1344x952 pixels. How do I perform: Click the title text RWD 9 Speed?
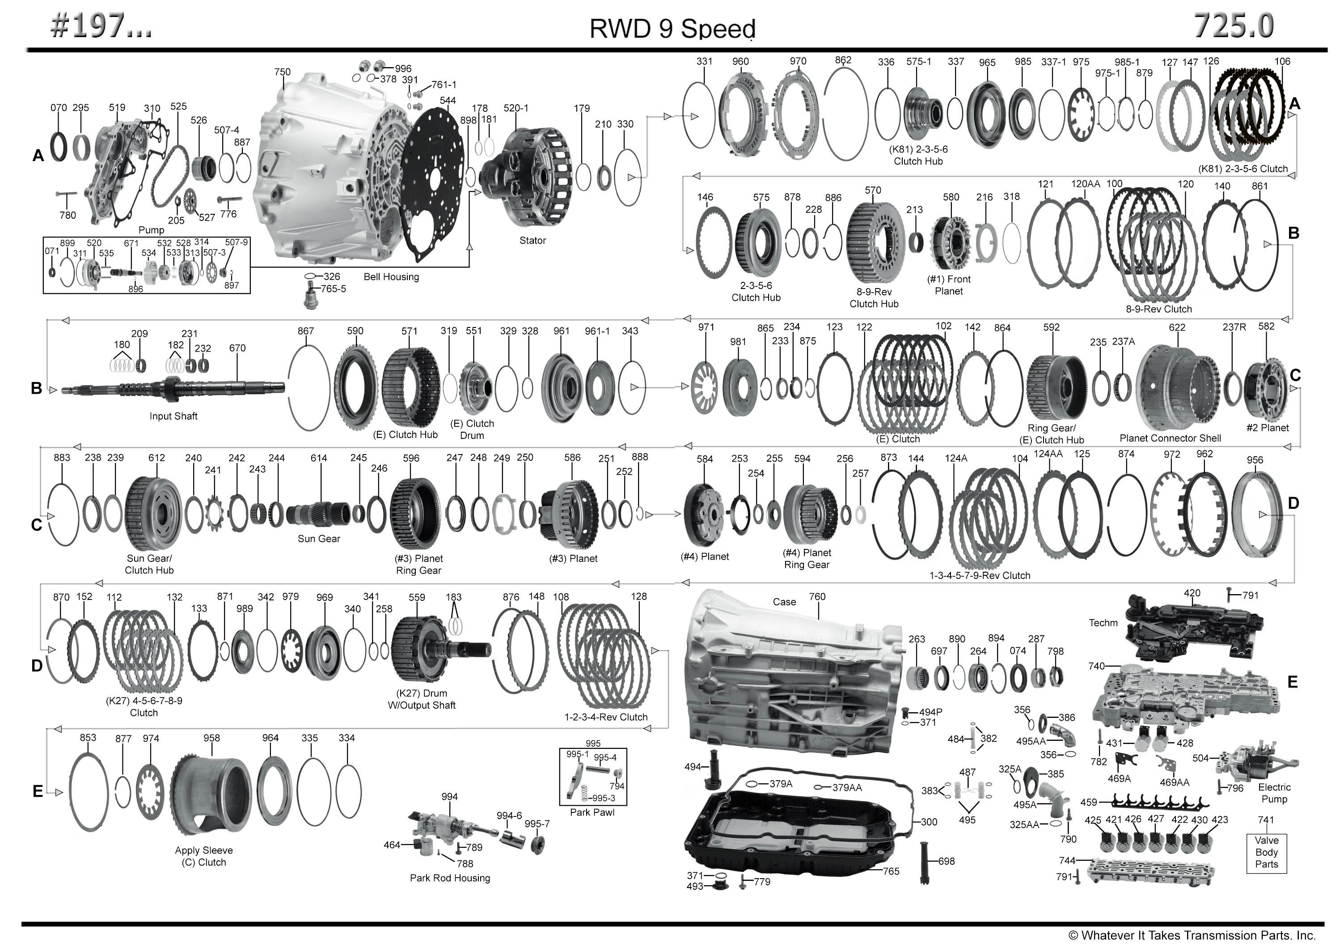coord(672,28)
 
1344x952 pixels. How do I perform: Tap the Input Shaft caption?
coord(173,416)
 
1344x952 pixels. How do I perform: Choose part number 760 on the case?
coord(817,597)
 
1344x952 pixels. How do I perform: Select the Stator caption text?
coord(532,240)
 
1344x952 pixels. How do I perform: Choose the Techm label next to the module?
coord(1103,623)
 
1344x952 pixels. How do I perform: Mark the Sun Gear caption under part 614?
coord(319,539)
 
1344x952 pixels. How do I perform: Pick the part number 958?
coord(211,738)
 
